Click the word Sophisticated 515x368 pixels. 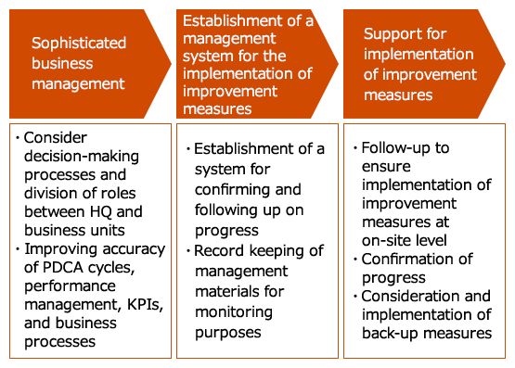79,44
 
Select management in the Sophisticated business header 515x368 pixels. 78,83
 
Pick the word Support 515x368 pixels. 391,34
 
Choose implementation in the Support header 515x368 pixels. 418,55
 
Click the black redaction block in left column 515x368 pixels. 93,240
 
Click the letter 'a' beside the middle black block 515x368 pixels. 320,150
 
